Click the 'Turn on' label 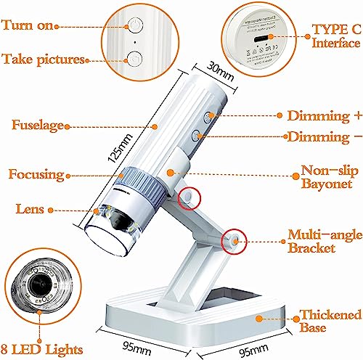pos(28,25)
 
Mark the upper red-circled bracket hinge pos(189,197)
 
